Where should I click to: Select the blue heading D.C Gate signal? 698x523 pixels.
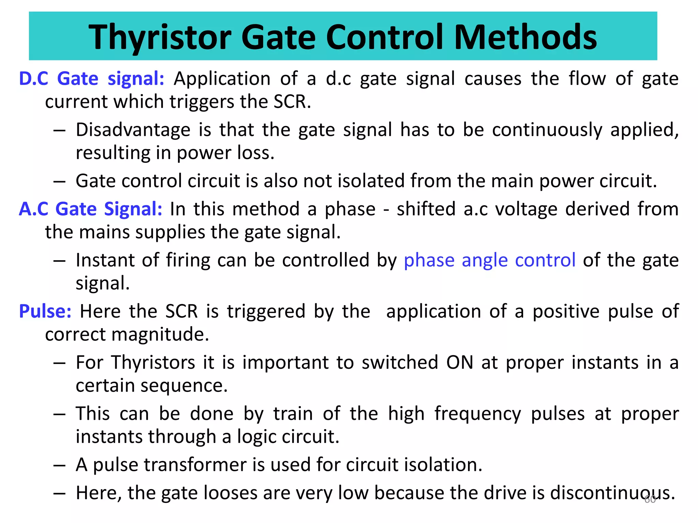(x=92, y=79)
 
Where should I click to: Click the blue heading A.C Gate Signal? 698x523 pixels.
(x=91, y=209)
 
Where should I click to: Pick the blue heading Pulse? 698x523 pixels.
(x=45, y=311)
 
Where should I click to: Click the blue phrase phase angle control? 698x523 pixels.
(x=490, y=260)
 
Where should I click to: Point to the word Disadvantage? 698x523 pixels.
(x=133, y=130)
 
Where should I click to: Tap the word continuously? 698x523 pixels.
(x=547, y=130)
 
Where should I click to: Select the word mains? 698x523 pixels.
(x=104, y=232)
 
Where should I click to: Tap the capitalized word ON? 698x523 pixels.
(x=460, y=362)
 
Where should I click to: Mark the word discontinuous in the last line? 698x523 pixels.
(x=612, y=493)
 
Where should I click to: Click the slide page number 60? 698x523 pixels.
(x=650, y=500)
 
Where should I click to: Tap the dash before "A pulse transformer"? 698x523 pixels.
(x=59, y=465)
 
